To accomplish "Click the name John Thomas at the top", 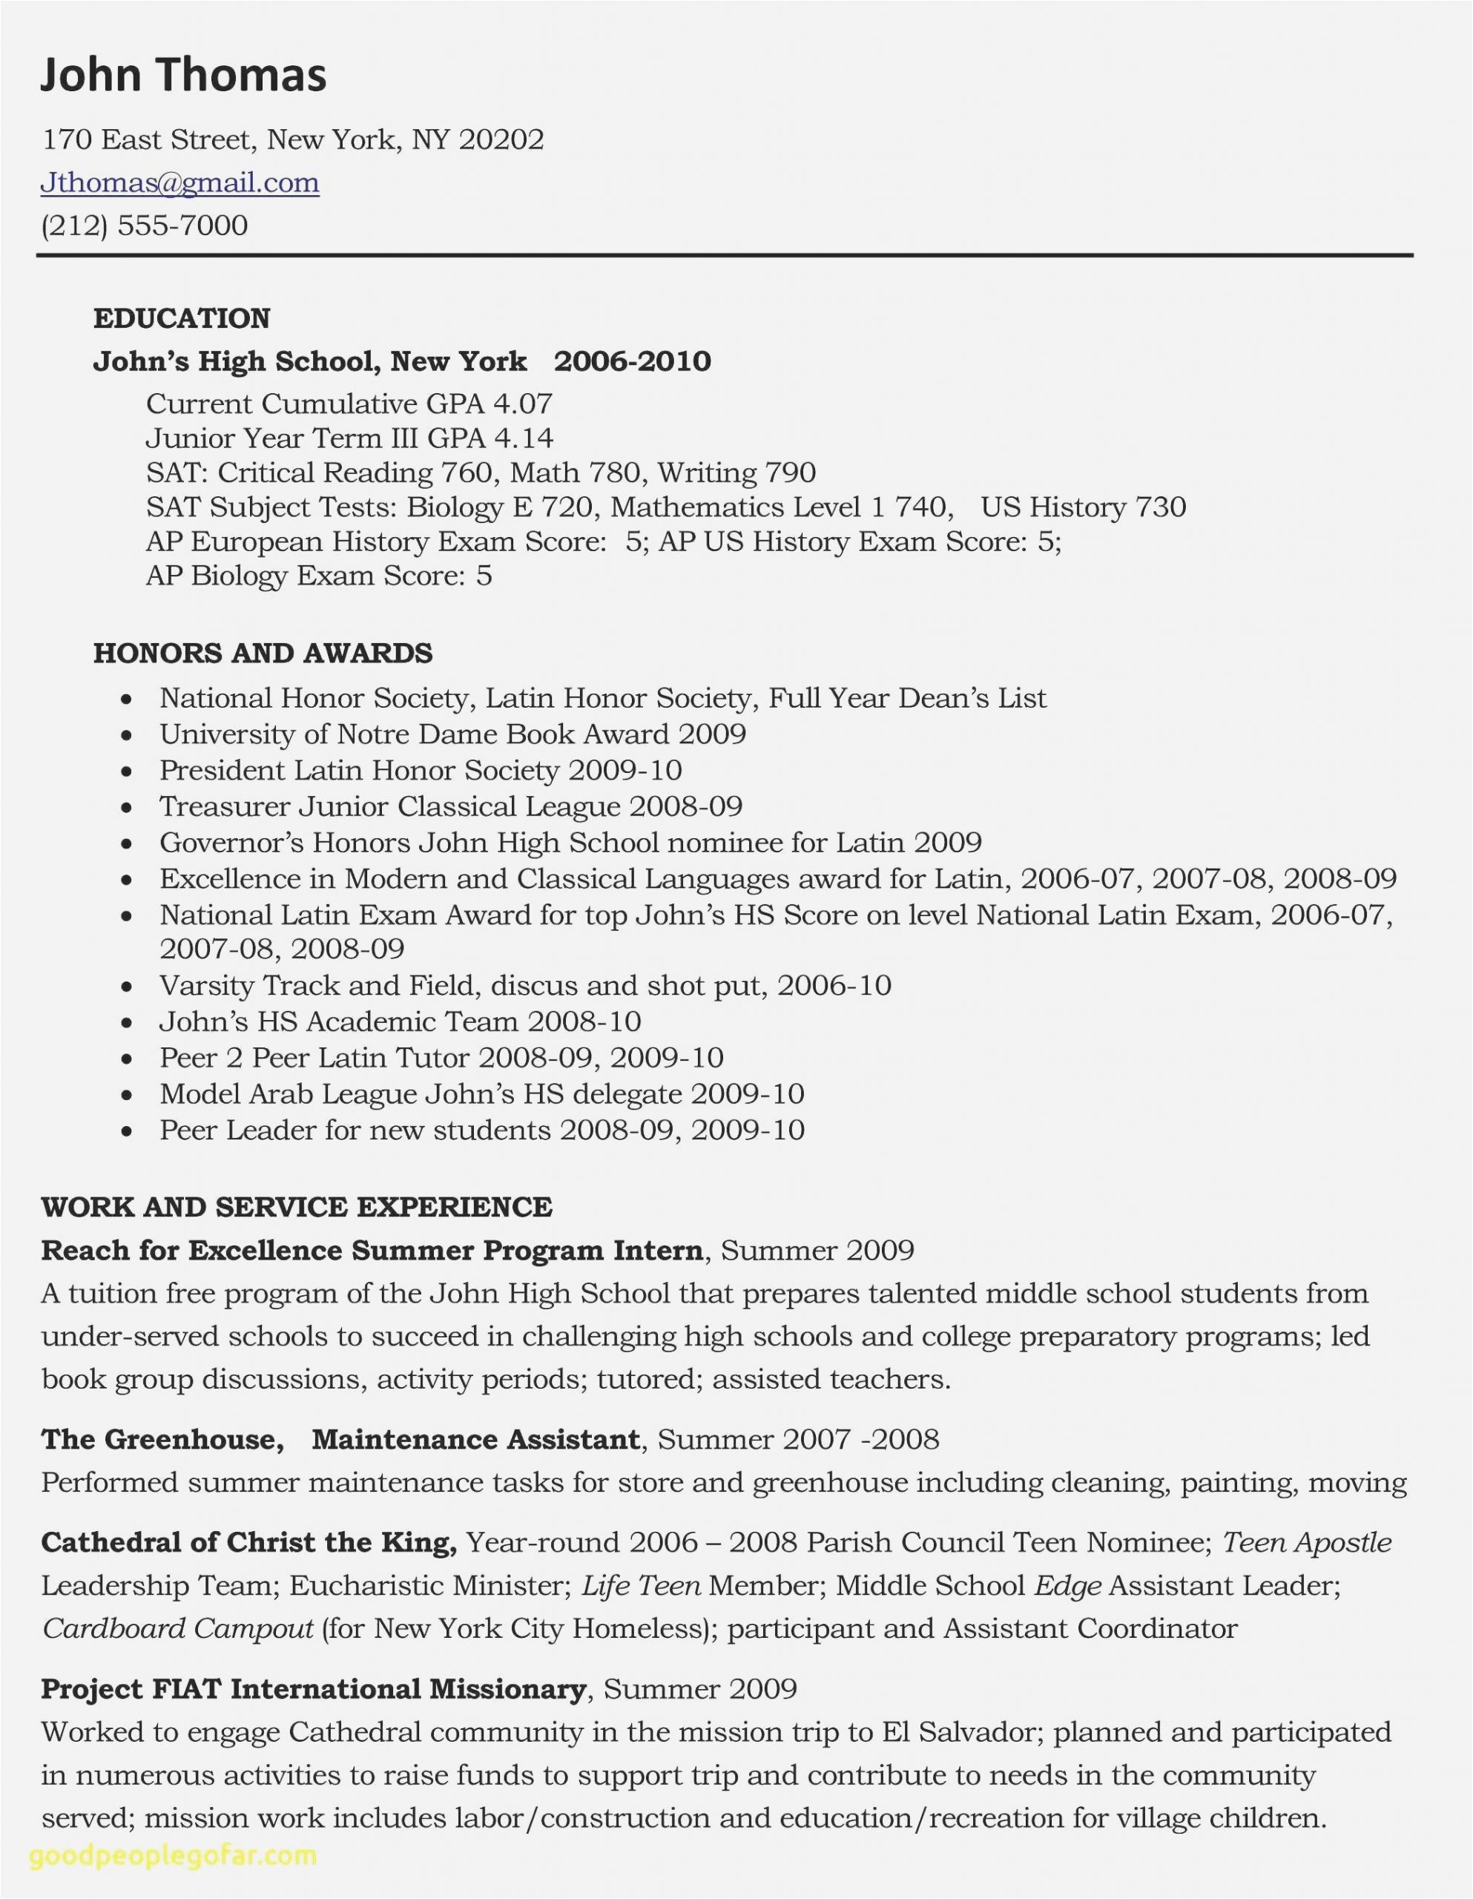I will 183,75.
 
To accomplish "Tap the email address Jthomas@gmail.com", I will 180,182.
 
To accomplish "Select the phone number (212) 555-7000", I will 145,226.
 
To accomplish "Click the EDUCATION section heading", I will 182,318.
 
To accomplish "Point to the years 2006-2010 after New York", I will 632,361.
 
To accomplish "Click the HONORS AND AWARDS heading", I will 263,653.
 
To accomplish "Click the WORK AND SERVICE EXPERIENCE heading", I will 297,1207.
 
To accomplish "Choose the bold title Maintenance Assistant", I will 475,1439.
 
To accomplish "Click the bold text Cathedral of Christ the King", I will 248,1542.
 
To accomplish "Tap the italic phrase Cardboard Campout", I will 178,1628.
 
